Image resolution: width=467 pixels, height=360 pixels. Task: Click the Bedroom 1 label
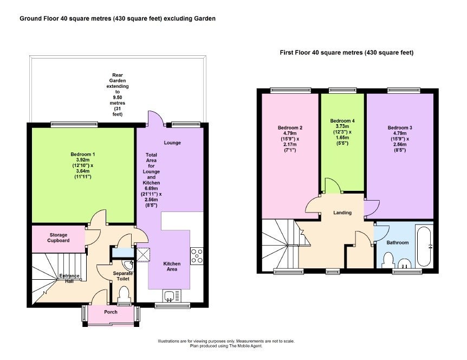click(x=83, y=155)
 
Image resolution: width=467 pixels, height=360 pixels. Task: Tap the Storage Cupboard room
click(x=59, y=239)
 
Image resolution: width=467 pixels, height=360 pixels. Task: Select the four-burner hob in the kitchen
click(x=197, y=256)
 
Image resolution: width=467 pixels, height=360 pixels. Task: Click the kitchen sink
click(x=172, y=295)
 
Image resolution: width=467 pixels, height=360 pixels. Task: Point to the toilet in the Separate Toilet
click(x=124, y=294)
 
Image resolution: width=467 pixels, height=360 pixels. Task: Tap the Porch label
click(x=111, y=312)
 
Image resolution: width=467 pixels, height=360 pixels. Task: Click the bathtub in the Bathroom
click(x=424, y=247)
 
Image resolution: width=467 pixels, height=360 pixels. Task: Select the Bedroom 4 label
click(x=342, y=121)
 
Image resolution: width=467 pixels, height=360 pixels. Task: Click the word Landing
click(x=342, y=213)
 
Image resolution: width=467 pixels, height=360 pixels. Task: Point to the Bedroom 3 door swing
click(x=372, y=208)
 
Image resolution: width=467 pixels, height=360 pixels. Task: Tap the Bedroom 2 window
click(x=290, y=90)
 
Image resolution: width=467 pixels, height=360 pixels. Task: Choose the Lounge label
click(x=172, y=143)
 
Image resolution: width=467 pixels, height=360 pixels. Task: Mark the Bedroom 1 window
click(x=74, y=124)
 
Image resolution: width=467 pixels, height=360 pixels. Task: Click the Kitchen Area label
click(x=172, y=266)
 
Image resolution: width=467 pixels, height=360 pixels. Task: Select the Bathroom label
click(x=398, y=242)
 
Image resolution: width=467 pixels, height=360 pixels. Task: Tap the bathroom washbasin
click(x=405, y=263)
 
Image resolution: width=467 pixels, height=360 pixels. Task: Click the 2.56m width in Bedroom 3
click(x=400, y=145)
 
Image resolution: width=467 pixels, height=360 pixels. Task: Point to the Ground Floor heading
click(x=118, y=18)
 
